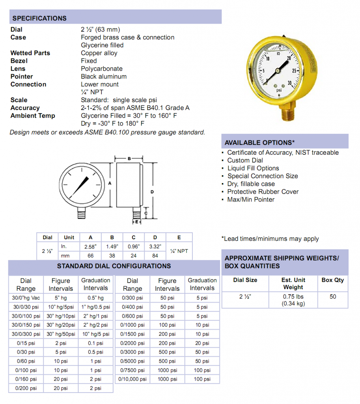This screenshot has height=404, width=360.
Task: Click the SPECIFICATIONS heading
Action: pos(39,18)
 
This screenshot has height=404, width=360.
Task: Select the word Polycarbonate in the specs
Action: pos(102,69)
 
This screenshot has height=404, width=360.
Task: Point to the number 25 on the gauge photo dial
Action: pos(294,71)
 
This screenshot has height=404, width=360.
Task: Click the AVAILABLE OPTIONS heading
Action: pos(259,142)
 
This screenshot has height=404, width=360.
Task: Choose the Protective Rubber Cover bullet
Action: pos(263,192)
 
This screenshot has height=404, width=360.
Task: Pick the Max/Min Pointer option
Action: pos(251,200)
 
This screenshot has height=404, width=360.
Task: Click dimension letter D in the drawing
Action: pos(152,192)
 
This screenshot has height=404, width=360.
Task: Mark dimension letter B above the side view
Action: pos(129,159)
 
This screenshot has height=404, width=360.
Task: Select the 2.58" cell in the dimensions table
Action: pos(91,247)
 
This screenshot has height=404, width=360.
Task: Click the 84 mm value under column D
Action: pos(155,256)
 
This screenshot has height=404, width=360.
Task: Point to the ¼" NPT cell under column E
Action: pos(179,251)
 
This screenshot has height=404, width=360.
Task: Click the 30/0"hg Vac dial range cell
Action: pos(26,298)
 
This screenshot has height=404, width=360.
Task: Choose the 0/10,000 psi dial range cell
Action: pos(132,379)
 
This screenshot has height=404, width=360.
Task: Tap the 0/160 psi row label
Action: pos(26,379)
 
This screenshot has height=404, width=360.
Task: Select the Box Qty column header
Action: pos(332,280)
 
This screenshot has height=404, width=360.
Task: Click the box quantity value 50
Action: pos(333,297)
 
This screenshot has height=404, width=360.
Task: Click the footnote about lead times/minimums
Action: pos(270,239)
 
